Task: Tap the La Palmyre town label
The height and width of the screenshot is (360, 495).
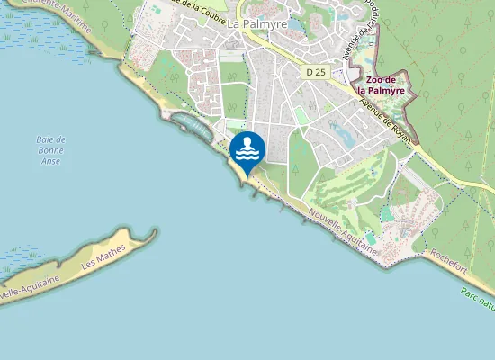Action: click(257, 23)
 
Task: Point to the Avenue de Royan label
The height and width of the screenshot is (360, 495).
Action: click(385, 121)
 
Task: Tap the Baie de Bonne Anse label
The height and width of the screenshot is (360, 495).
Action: click(51, 150)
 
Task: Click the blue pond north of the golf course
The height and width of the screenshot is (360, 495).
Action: click(343, 136)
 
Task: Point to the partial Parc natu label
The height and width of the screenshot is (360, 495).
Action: click(477, 298)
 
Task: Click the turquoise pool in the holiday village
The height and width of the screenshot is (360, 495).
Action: click(387, 214)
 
